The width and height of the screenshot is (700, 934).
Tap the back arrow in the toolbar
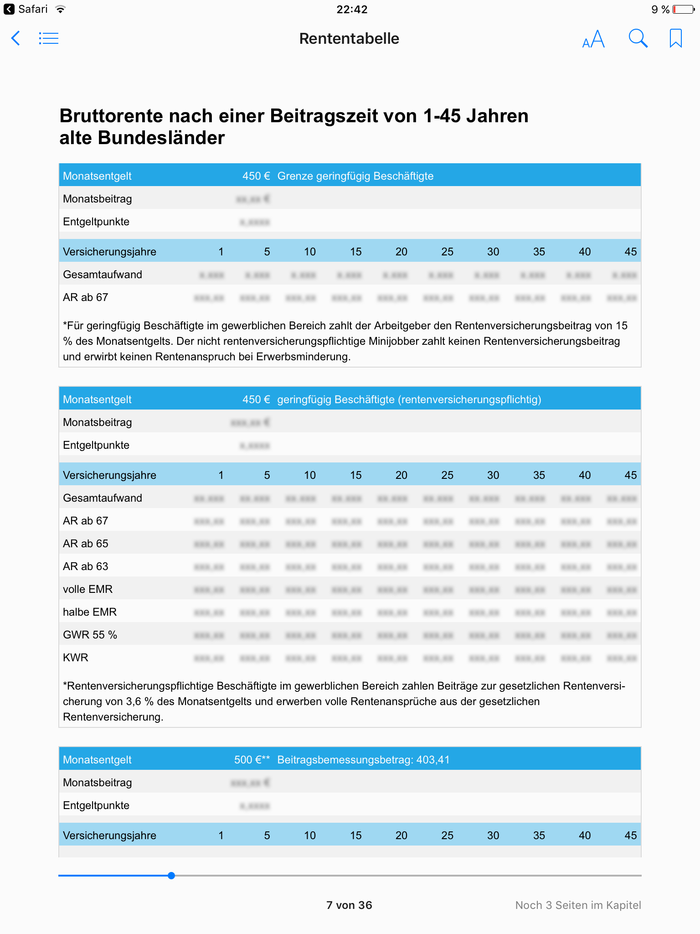(x=15, y=38)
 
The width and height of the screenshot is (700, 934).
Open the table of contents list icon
(x=49, y=38)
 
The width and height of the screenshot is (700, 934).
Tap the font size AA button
(x=593, y=39)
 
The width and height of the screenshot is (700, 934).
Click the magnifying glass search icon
(x=638, y=39)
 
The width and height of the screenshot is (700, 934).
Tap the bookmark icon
(x=675, y=38)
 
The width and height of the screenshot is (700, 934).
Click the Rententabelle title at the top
(x=349, y=39)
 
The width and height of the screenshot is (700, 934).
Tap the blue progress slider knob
(x=171, y=876)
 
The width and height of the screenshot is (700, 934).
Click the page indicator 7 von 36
(x=349, y=905)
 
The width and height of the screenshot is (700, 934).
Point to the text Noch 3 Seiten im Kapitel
(x=578, y=905)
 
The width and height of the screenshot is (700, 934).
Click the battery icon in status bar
(x=683, y=10)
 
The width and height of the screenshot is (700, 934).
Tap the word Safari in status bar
(x=33, y=10)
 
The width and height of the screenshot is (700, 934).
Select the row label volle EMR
(x=87, y=589)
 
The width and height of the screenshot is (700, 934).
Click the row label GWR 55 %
(x=90, y=635)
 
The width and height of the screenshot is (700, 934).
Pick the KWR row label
(x=76, y=658)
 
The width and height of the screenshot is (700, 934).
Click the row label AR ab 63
(x=86, y=566)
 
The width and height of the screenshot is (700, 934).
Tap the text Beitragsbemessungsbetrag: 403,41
(x=363, y=760)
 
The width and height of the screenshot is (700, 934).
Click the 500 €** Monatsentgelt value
(x=252, y=760)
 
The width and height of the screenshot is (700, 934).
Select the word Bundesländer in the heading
(x=161, y=138)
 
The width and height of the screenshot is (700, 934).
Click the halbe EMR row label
(x=90, y=612)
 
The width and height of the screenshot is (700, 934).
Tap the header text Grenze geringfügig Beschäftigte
(x=355, y=176)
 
